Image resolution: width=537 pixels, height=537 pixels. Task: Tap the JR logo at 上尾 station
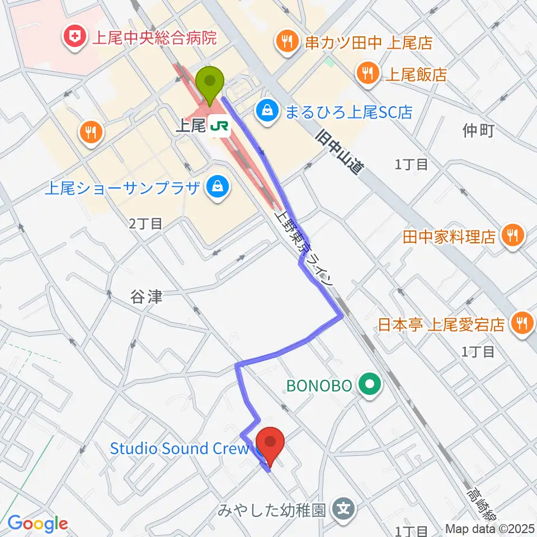click(x=219, y=127)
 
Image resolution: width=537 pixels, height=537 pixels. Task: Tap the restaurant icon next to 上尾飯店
click(x=368, y=73)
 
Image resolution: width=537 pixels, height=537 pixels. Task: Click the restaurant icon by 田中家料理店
click(x=512, y=235)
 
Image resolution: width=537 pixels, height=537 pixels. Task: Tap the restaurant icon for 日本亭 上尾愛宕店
click(x=523, y=324)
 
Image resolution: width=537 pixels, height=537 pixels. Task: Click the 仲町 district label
click(x=479, y=131)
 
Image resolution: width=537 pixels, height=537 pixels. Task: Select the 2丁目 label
click(x=145, y=224)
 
